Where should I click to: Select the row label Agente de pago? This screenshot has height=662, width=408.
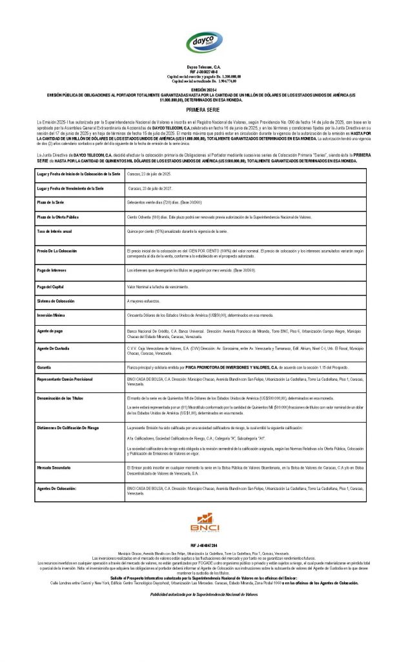(52, 330)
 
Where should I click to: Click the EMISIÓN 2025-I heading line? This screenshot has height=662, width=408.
(203, 89)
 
